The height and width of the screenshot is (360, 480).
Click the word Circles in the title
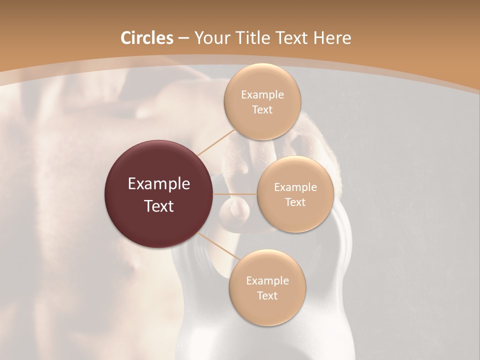pos(146,38)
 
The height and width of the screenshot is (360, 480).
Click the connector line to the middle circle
pos(235,194)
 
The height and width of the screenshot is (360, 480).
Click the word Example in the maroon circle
pos(159,184)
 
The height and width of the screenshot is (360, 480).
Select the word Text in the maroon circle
pos(159,206)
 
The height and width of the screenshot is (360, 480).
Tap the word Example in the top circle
pos(262,95)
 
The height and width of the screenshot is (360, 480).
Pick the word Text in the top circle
pos(262,110)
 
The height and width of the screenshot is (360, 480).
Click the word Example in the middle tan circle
pos(295,187)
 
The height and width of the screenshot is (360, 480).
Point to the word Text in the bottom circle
pos(267,296)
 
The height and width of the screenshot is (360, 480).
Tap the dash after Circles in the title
pos(183,38)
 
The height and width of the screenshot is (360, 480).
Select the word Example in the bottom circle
pos(267,281)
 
